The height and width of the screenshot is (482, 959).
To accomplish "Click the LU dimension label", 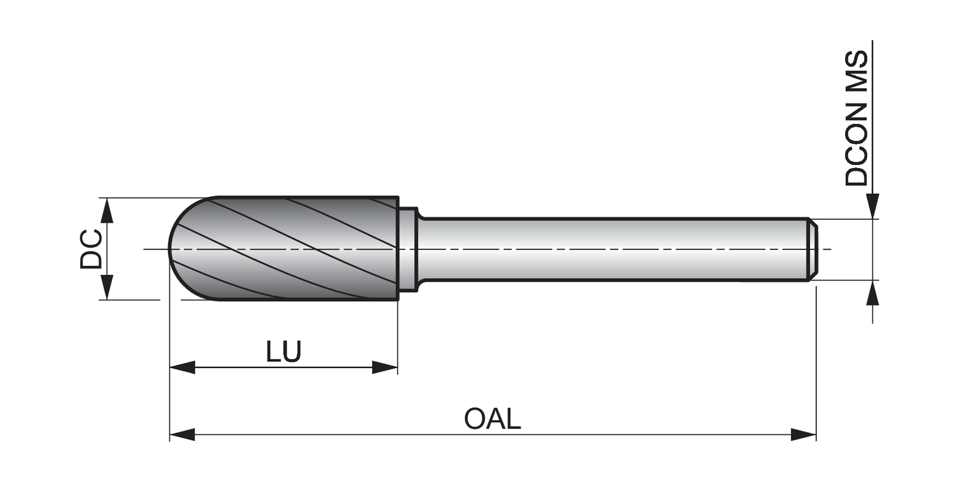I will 283,352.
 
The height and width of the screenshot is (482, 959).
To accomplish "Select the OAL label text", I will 492,419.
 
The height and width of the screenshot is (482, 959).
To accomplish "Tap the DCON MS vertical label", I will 857,118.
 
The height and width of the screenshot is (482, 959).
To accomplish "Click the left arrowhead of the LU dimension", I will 182,368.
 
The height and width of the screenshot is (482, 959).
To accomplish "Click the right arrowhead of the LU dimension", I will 385,368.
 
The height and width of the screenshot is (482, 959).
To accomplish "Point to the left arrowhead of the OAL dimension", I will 182,435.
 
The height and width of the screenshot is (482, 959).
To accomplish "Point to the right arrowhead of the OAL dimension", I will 804,435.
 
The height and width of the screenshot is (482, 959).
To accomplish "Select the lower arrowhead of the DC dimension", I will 107,287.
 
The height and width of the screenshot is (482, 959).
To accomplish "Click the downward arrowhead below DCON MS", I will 873,206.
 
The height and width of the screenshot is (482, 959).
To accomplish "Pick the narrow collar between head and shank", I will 408,249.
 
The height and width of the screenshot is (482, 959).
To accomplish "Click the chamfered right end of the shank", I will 813,249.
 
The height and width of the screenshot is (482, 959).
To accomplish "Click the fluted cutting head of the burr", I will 288,248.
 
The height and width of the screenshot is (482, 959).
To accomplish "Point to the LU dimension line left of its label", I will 230,368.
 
